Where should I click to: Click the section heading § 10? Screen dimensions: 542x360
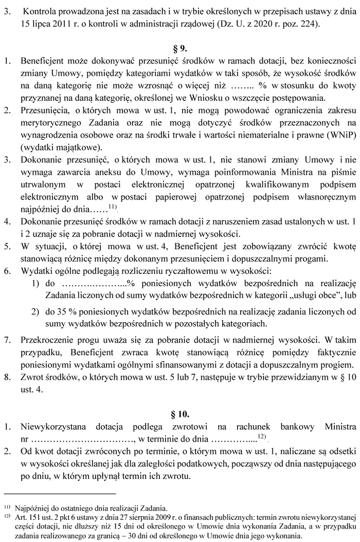[180, 413]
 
